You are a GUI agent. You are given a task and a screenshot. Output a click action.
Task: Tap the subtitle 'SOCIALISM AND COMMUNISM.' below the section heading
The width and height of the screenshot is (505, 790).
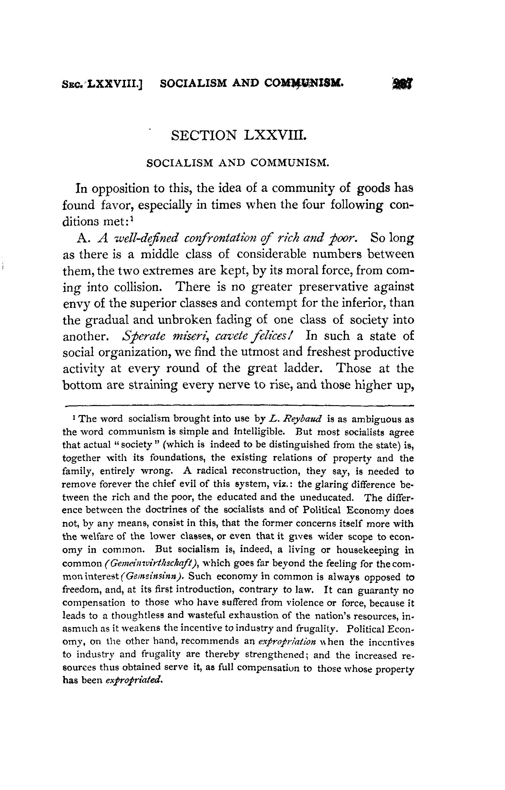click(x=237, y=163)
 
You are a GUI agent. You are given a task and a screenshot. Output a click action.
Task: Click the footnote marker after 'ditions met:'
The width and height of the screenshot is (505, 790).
click(x=131, y=218)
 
